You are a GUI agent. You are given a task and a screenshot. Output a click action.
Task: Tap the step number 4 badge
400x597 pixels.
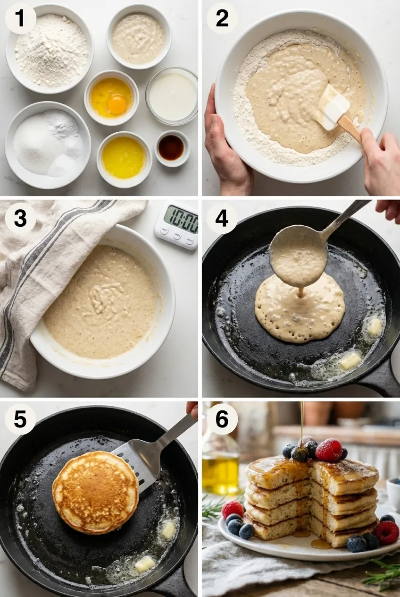[x=222, y=218]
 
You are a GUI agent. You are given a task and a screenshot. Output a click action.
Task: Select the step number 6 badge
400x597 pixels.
[x=222, y=418]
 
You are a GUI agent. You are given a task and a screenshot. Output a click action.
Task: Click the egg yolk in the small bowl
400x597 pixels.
[x=117, y=103]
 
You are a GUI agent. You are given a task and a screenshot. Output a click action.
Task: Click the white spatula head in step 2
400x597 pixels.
[x=333, y=107]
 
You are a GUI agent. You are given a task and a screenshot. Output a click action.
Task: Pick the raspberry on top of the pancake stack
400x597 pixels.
[x=329, y=450]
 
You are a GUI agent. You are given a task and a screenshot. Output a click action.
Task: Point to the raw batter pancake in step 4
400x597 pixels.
[x=300, y=309]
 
